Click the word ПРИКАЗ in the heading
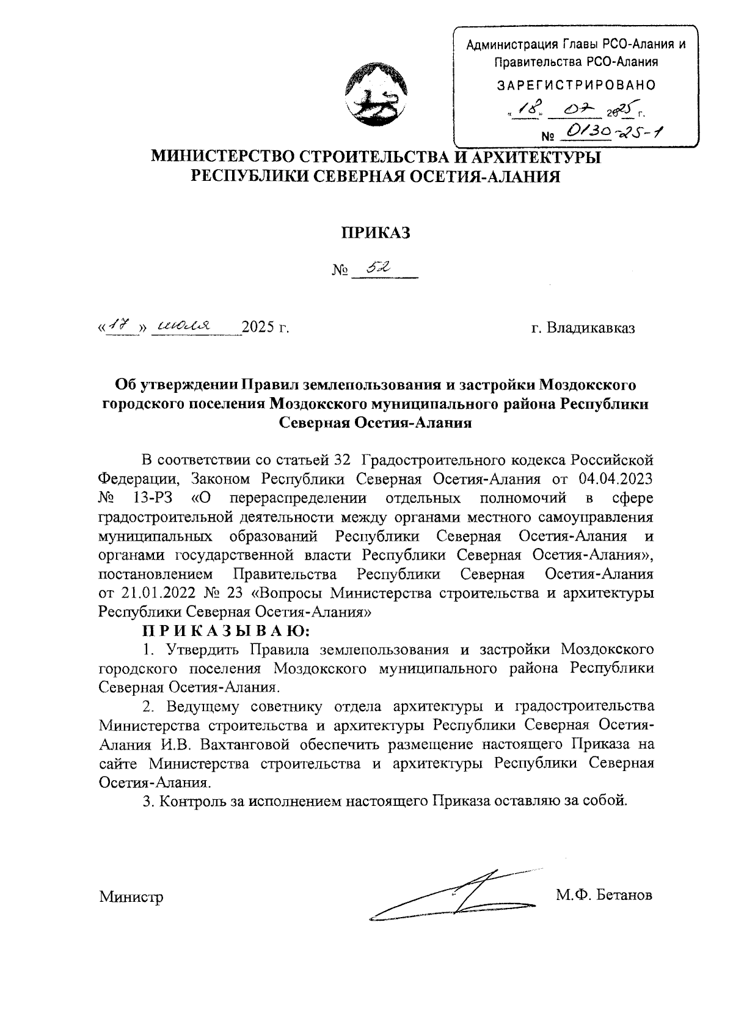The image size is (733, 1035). click(x=375, y=232)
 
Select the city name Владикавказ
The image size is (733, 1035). click(x=590, y=329)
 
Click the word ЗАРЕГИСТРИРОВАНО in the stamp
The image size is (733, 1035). click(x=576, y=85)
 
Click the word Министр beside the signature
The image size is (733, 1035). click(x=131, y=897)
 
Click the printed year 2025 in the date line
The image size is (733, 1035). click(x=259, y=329)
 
